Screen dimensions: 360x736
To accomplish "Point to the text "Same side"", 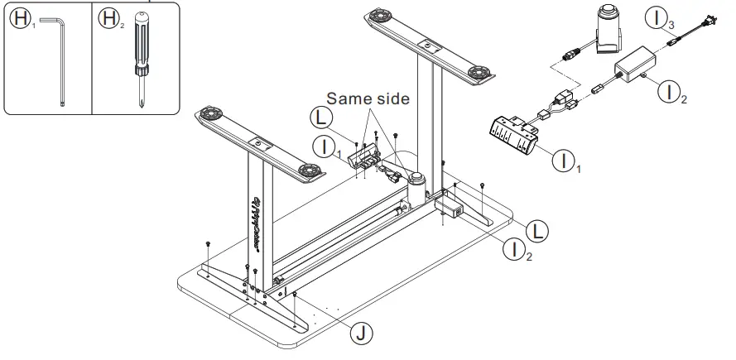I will coord(367,98).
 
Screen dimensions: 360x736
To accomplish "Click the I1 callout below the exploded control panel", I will coord(566,160).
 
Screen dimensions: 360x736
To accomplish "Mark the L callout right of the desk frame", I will coord(536,229).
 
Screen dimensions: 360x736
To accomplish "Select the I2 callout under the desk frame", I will coord(517,247).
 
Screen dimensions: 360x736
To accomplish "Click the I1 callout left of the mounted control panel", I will coord(325,147).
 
